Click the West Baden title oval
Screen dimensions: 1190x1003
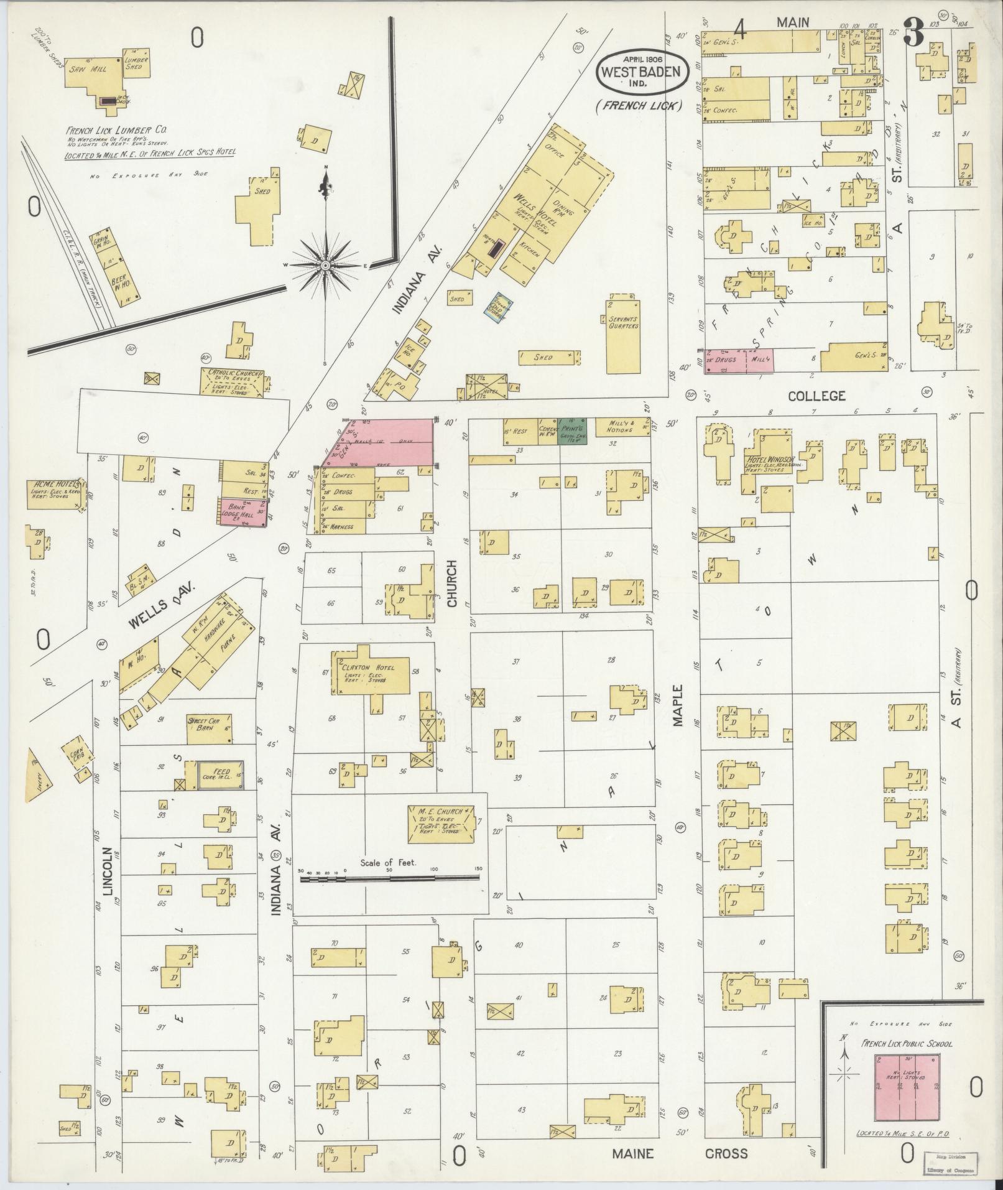click(x=643, y=70)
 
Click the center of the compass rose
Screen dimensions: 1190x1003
click(x=325, y=266)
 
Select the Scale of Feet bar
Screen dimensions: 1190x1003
click(x=390, y=878)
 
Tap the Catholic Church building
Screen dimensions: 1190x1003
click(x=232, y=381)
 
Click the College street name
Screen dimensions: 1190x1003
click(x=816, y=396)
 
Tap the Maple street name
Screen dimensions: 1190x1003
click(x=677, y=705)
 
